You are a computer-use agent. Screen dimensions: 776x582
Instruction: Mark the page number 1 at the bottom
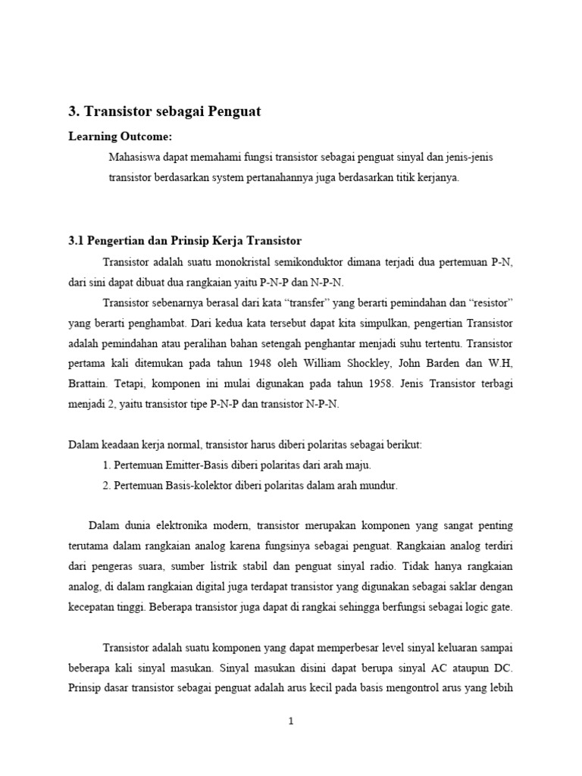(x=291, y=721)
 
